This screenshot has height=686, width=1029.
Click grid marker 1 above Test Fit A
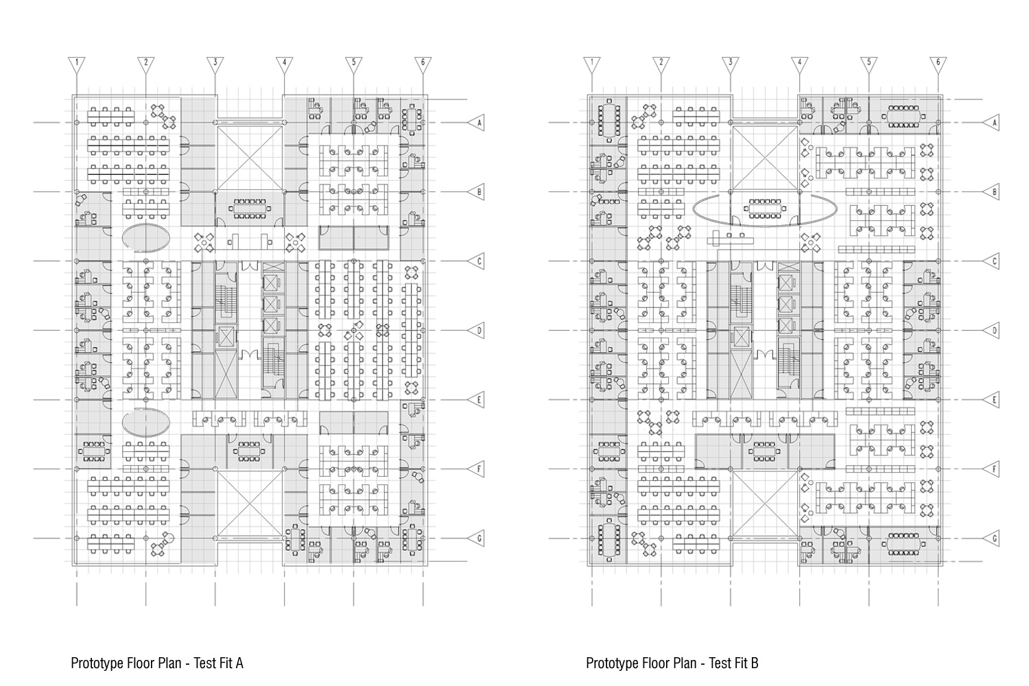point(77,64)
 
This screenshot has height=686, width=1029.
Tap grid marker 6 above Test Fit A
point(423,64)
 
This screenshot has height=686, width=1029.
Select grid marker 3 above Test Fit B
point(731,64)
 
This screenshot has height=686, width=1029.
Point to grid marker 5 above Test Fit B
point(868,64)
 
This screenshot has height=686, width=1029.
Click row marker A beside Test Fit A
point(477,123)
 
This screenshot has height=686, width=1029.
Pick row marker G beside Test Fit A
point(477,539)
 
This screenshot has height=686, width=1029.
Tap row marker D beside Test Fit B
point(993,331)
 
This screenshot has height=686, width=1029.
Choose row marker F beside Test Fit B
point(993,469)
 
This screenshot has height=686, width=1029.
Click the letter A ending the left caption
point(239,663)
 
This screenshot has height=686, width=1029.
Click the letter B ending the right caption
point(755,663)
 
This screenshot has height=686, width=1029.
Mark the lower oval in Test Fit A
point(146,422)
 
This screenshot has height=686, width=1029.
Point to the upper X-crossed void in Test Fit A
point(250,157)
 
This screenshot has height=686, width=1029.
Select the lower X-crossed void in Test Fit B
point(765,504)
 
